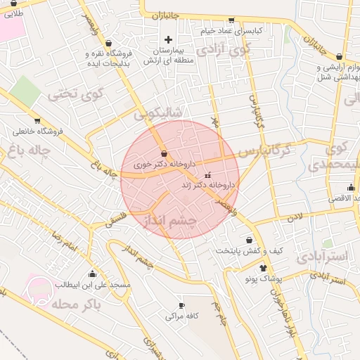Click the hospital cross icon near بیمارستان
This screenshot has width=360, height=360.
pos(167,39)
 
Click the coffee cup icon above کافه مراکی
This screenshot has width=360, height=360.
pos(181,306)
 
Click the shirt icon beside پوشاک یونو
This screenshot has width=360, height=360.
pos(263,268)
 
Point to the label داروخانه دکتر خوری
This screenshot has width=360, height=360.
pos(163,164)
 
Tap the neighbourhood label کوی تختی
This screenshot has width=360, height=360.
pos(75,92)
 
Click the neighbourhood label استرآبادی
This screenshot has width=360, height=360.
pos(322,257)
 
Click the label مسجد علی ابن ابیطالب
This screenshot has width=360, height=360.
pos(92,285)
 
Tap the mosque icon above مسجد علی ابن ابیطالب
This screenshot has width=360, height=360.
pos(92,274)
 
